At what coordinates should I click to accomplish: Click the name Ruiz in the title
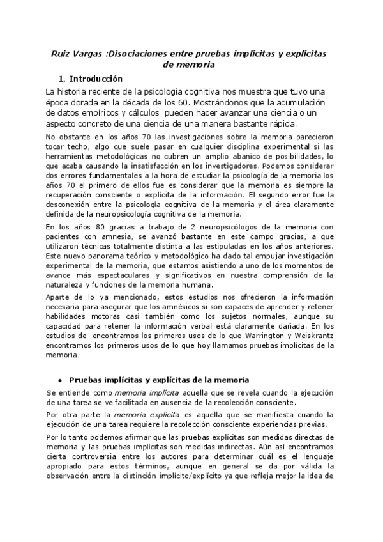coord(62,54)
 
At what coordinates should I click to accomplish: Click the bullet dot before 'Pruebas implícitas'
coord(59,379)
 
